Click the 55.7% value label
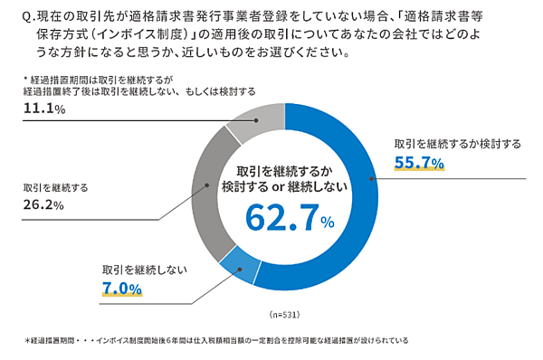click(x=418, y=163)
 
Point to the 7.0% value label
click(x=121, y=289)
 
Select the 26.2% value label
click(x=43, y=205)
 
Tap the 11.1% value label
click(x=44, y=109)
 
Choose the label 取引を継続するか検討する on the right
click(x=451, y=144)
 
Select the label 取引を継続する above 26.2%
click(x=55, y=187)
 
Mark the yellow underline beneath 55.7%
click(x=418, y=172)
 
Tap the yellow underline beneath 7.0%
click(x=121, y=298)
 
